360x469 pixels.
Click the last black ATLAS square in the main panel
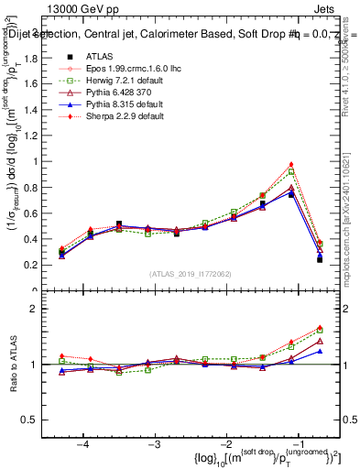click(320, 259)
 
